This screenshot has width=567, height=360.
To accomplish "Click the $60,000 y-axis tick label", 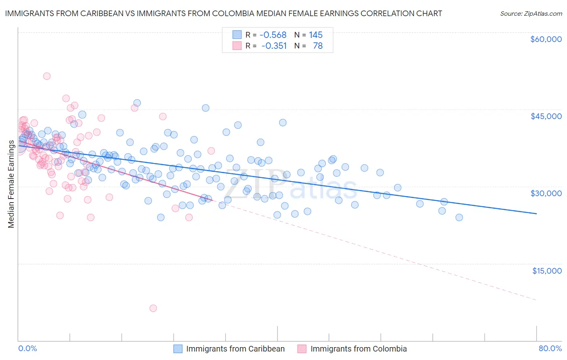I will (x=546, y=39).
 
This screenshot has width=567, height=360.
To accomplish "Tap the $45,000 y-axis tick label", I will (x=546, y=116).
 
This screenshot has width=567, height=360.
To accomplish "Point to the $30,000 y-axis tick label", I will (x=546, y=193).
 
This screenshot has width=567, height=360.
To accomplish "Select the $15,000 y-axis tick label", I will (x=547, y=271).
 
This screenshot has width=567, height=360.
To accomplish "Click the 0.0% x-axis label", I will (x=27, y=348).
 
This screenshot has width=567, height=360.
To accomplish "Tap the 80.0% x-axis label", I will (x=550, y=348).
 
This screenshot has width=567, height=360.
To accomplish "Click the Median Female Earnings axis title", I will (x=11, y=184).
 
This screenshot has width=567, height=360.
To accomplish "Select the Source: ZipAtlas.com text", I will (x=531, y=13).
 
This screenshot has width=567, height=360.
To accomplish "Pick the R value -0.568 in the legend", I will (x=273, y=35).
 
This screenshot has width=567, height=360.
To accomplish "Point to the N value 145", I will (x=316, y=35).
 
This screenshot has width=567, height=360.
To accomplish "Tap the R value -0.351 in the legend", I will (x=274, y=46).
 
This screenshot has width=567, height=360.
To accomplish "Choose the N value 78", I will (x=318, y=46).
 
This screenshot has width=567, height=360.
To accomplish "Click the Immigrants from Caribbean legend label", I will (x=235, y=349).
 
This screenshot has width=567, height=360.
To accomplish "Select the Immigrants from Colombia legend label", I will (x=359, y=349).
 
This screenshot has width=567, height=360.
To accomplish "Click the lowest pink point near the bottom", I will (x=153, y=308).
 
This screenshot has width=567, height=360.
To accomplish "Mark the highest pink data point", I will (x=47, y=76).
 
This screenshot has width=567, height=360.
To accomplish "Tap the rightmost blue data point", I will (x=459, y=218).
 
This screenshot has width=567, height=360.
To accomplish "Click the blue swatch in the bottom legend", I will (x=178, y=349).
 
